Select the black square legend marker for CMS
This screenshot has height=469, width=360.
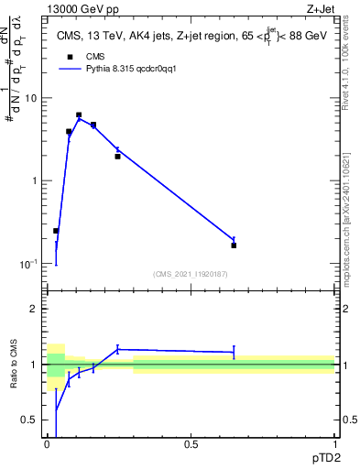coord(69,57)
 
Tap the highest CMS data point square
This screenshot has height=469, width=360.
coord(79,115)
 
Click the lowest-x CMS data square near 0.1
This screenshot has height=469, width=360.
coord(56,231)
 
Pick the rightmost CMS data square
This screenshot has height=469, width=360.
coord(234,245)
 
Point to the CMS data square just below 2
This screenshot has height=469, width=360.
coord(117,157)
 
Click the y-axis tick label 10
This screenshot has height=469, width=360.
coord(34,98)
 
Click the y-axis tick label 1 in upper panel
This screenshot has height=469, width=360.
coord(37,180)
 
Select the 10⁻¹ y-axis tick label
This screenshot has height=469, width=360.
coord(32,264)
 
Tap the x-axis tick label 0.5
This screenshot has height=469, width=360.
coord(191,444)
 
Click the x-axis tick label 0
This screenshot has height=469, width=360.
coord(48,444)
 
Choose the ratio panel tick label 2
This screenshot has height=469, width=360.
coord(36,309)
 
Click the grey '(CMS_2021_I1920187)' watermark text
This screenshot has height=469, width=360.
coord(191,275)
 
